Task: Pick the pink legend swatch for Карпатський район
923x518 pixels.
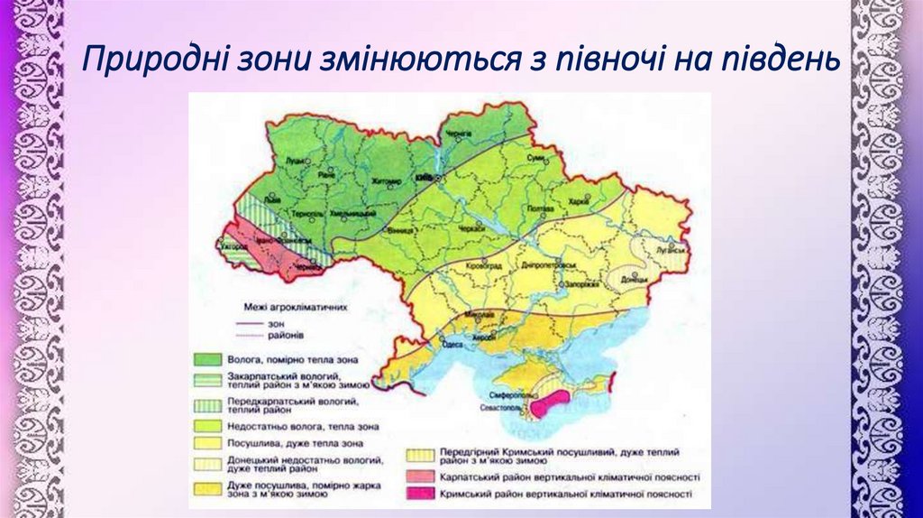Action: tap(417, 476)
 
